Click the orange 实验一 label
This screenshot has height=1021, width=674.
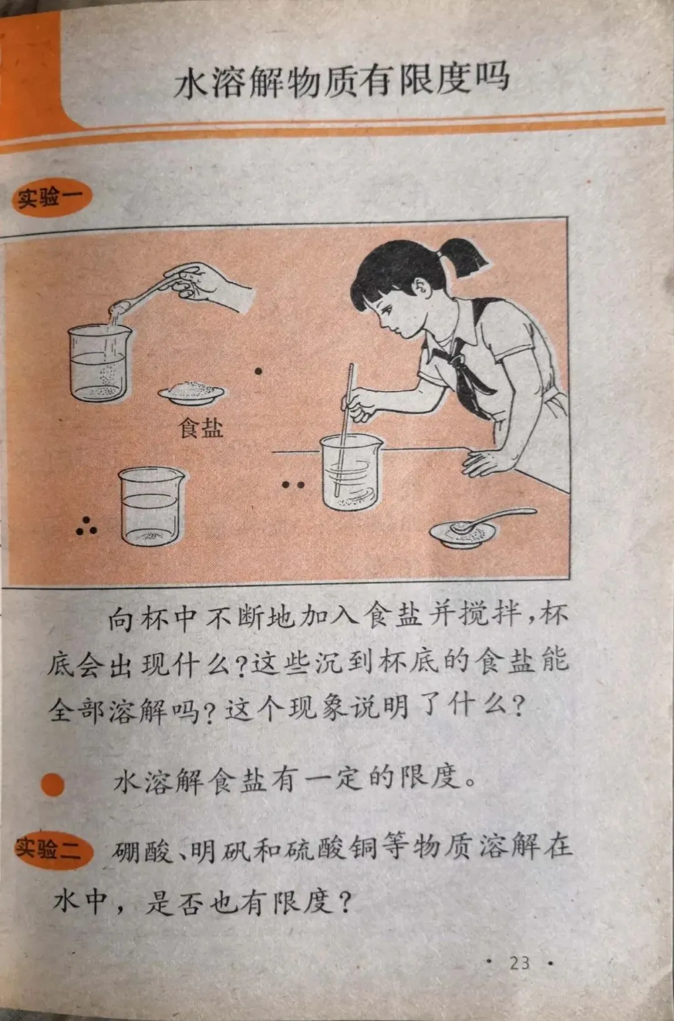coord(52,198)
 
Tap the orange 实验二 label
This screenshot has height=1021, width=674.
coord(54,849)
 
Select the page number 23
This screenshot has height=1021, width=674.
coord(520,962)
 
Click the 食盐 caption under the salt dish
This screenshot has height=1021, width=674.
coord(201,428)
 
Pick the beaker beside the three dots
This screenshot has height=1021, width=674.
coord(151,506)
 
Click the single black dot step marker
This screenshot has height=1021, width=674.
coord(258,372)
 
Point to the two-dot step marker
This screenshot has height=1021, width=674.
coord(293,485)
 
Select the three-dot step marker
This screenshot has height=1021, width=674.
coord(87,526)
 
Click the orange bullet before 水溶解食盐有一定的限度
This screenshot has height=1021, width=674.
coord(52,785)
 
